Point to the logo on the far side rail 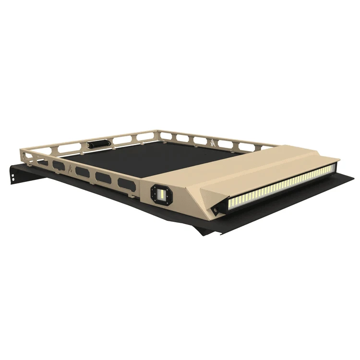(x=212, y=142)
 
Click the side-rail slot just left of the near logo (x=58, y=165)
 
